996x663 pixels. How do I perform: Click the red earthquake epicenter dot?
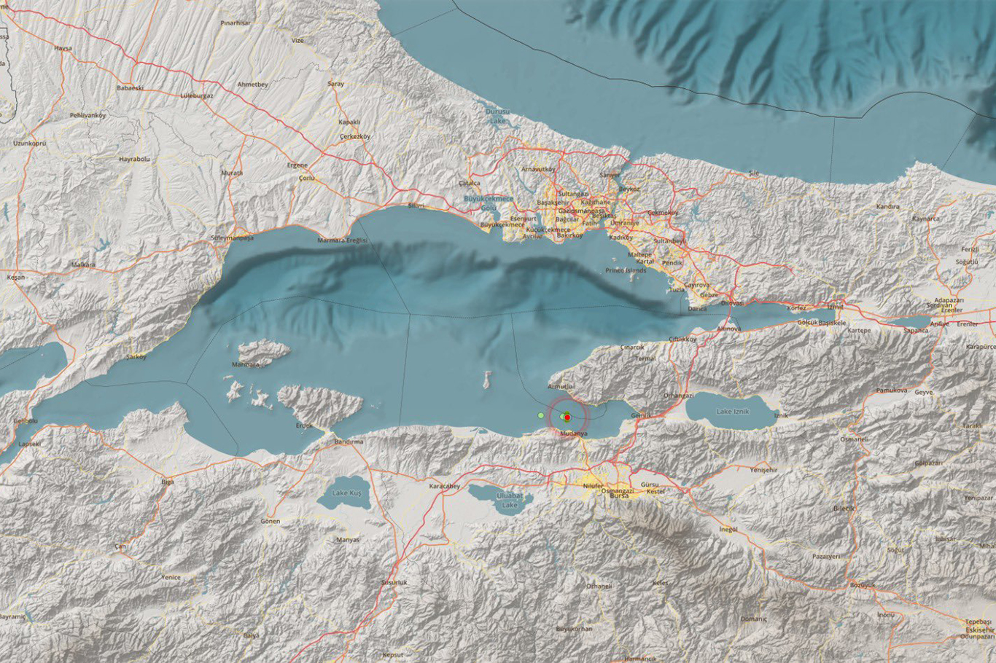567,417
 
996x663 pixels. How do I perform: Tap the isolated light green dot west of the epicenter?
540,415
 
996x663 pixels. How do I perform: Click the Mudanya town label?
573,433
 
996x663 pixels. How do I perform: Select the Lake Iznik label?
733,412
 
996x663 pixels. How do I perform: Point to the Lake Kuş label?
346,493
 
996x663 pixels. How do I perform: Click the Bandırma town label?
349,442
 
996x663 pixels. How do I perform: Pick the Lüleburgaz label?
197,95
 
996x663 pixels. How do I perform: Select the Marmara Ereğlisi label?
343,240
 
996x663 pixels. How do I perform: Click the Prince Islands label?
626,270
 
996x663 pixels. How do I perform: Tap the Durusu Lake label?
497,115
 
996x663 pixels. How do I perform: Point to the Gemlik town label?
640,415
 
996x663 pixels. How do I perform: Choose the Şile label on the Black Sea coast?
754,173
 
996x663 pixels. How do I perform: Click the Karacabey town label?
445,485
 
